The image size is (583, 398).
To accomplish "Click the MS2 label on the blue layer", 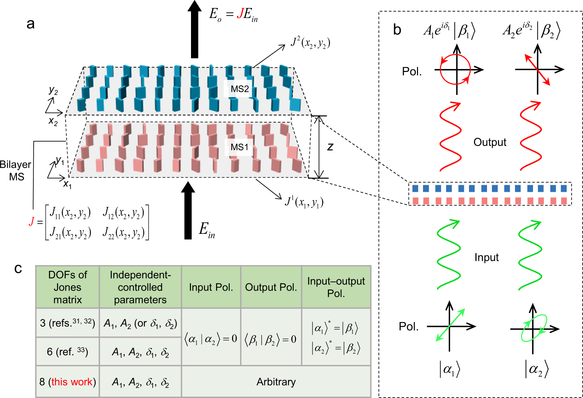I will point(240,89).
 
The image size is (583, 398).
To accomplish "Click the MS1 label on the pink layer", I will point(239,147).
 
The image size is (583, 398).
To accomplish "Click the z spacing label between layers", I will point(330,147).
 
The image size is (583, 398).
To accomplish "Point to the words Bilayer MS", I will point(16,170).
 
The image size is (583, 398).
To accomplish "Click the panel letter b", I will point(397,30).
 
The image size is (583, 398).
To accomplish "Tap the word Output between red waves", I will point(490,142).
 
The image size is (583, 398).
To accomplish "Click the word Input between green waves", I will point(486,257).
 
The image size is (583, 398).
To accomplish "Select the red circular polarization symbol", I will point(455,70).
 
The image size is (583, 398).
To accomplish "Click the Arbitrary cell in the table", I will point(276,382).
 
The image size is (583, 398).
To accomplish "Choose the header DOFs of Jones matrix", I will point(67,287).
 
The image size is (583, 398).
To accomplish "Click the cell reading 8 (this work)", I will point(67,382).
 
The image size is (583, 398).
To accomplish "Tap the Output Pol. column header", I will point(271,287).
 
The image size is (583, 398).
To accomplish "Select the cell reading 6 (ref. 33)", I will point(67,352).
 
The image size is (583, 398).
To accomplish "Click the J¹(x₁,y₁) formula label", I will point(304,202).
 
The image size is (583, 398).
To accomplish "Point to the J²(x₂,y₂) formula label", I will point(310,43).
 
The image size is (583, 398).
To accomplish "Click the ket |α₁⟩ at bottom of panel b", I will point(449,369).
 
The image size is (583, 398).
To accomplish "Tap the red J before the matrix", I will point(32,221).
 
